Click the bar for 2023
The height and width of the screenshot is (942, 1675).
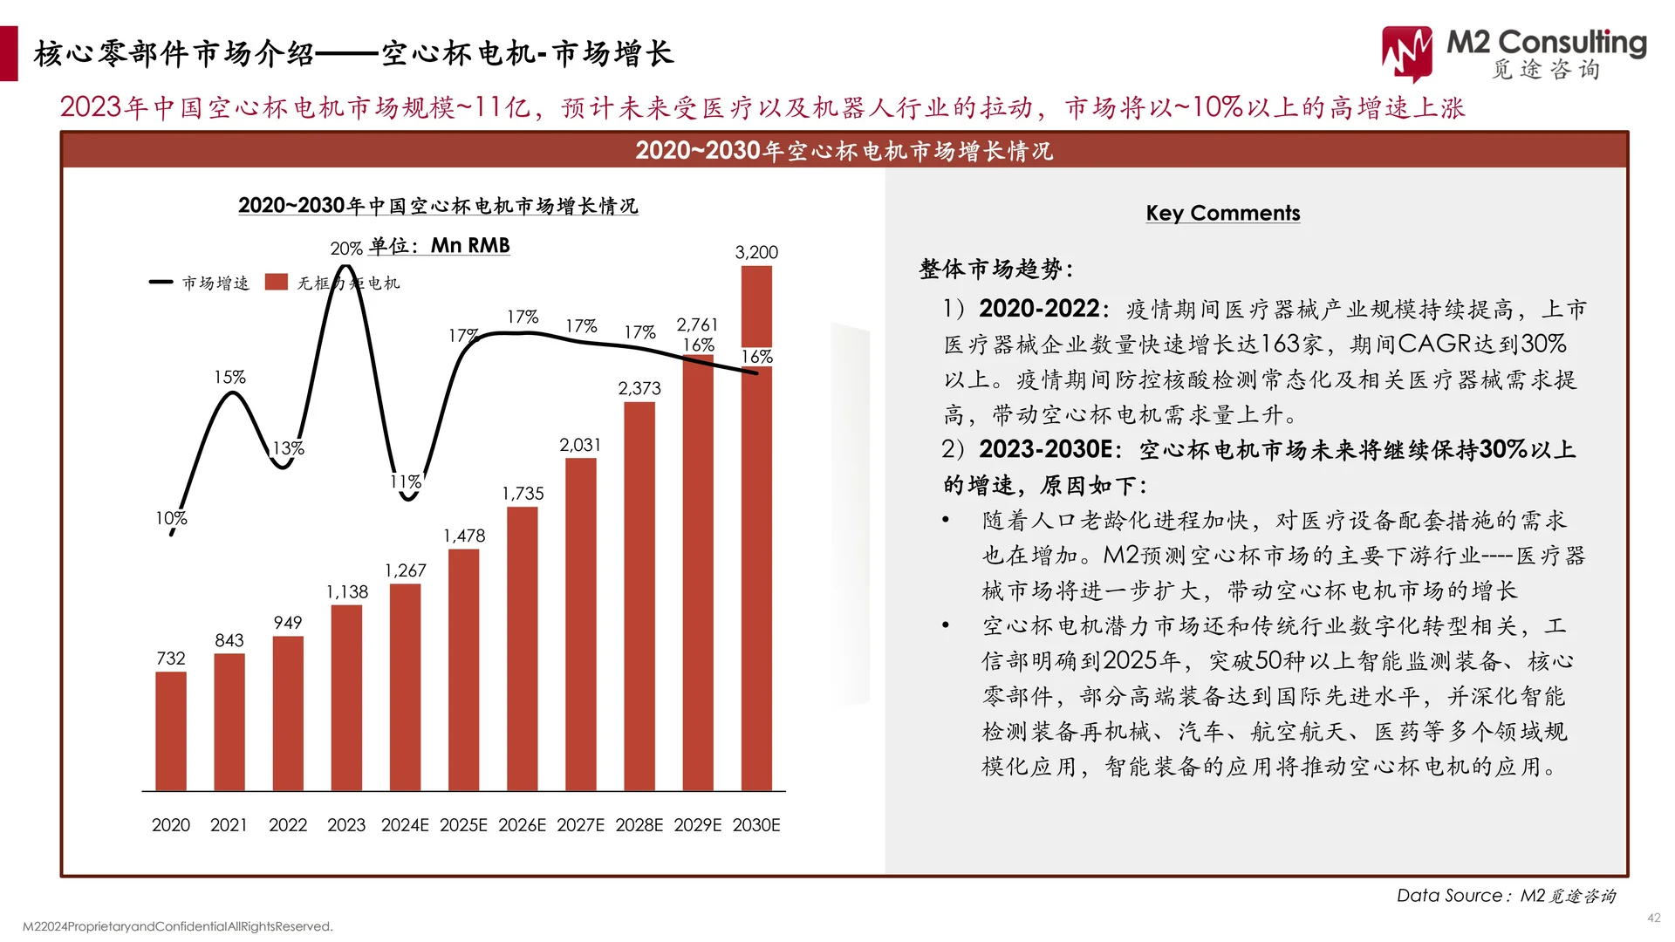pyautogui.click(x=346, y=698)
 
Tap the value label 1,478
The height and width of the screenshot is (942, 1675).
pyautogui.click(x=464, y=536)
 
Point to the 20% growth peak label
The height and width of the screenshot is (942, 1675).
pyautogui.click(x=346, y=249)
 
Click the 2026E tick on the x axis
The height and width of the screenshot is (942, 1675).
pyautogui.click(x=522, y=825)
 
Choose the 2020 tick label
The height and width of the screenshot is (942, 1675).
pyautogui.click(x=171, y=825)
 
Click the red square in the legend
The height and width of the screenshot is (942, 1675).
pyautogui.click(x=277, y=282)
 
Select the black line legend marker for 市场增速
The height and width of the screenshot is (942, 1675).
pyautogui.click(x=161, y=282)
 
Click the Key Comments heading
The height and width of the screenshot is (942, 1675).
pyautogui.click(x=1222, y=213)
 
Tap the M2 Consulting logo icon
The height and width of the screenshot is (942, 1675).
pyautogui.click(x=1406, y=52)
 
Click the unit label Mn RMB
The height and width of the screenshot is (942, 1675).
pyautogui.click(x=469, y=246)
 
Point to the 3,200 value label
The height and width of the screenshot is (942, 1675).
pyautogui.click(x=756, y=252)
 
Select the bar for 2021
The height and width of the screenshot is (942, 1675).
pyautogui.click(x=229, y=722)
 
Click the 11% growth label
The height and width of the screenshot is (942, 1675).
pyautogui.click(x=406, y=481)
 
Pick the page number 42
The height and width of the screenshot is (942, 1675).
pyautogui.click(x=1653, y=918)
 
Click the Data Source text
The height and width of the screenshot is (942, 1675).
pyautogui.click(x=1506, y=896)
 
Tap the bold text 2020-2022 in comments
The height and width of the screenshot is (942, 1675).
pyautogui.click(x=1038, y=309)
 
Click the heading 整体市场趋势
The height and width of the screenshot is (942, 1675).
pyautogui.click(x=995, y=269)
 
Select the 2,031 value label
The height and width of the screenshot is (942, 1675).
pyautogui.click(x=580, y=445)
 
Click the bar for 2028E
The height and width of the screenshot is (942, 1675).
pyautogui.click(x=639, y=597)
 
